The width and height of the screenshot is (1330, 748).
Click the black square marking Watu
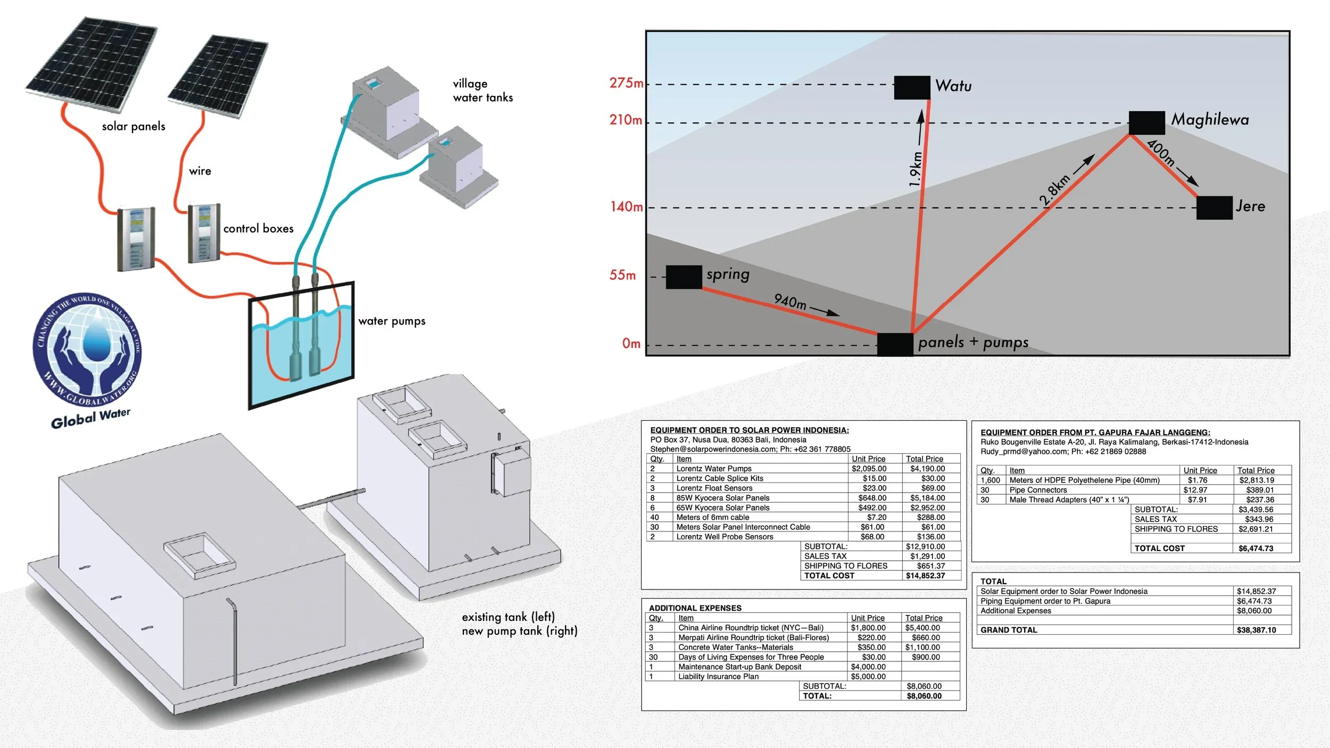tap(912, 88)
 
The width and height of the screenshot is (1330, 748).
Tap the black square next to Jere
tap(1214, 207)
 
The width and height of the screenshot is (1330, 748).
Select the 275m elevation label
tap(626, 83)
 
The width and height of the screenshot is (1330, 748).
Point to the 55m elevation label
tap(622, 275)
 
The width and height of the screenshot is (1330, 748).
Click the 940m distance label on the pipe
tap(790, 302)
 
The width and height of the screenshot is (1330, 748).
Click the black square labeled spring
tap(684, 277)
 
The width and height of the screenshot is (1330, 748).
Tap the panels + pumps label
tap(973, 342)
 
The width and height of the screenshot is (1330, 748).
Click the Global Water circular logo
tap(87, 348)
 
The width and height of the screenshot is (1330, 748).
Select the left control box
tap(136, 239)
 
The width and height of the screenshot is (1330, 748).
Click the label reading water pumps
tap(392, 321)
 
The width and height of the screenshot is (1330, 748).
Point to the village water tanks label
tap(483, 90)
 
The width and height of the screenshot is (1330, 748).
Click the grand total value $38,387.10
tap(1256, 630)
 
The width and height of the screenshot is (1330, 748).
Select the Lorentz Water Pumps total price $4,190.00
tap(927, 469)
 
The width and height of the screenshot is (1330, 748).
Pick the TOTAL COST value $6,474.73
tap(1256, 548)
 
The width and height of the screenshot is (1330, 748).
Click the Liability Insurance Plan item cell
tap(718, 677)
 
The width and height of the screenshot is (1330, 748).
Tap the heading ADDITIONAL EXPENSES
tap(695, 608)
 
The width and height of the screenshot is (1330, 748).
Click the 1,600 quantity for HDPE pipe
tap(990, 480)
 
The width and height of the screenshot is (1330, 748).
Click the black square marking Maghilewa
tap(1146, 123)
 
